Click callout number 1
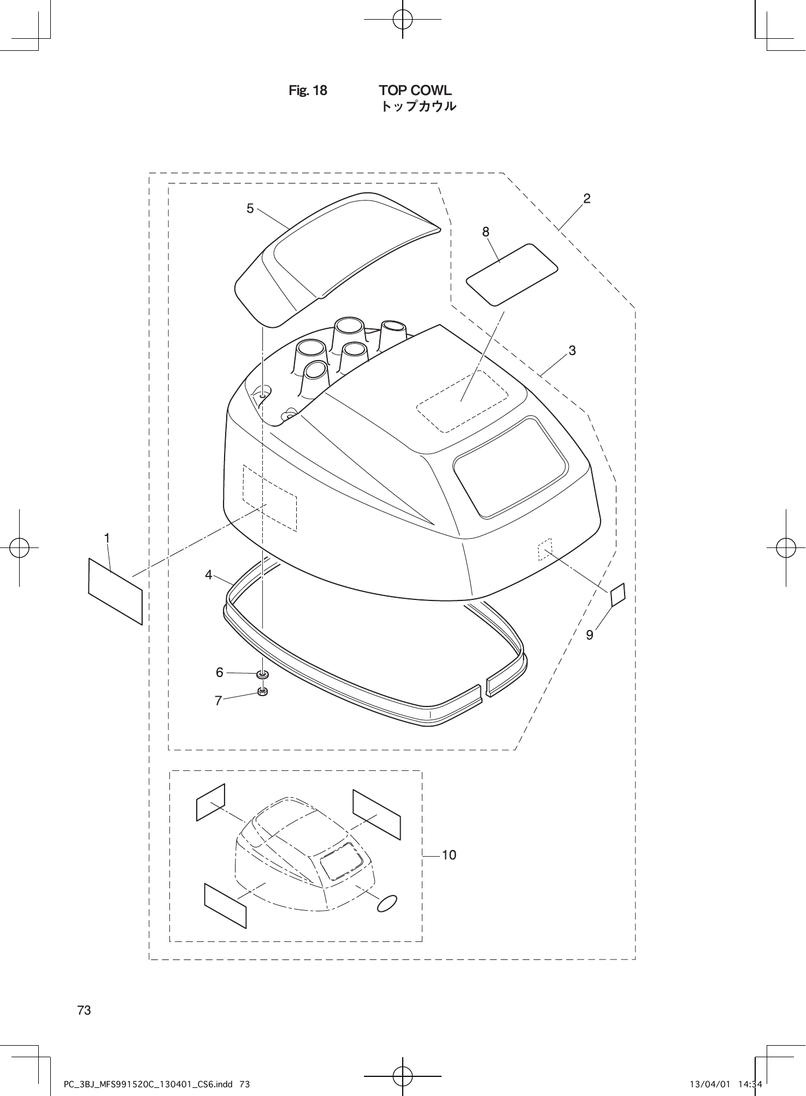pos(108,538)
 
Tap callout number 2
pos(587,198)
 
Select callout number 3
pos(572,350)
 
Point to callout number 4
pos(209,574)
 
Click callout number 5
pos(250,208)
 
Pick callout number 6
pos(220,673)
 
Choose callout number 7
pos(219,700)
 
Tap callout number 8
pos(486,232)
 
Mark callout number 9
pos(590,635)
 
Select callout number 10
pos(449,855)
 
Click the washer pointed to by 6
pos(263,674)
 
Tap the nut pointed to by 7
pos(262,692)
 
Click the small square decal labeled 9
pos(617,595)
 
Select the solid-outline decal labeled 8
pos(511,274)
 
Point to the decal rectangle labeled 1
pos(115,591)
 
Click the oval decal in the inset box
pos(387,904)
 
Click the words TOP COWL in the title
pos(415,90)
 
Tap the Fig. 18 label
pos(308,91)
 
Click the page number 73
pos(84,1010)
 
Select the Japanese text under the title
pos(418,107)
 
